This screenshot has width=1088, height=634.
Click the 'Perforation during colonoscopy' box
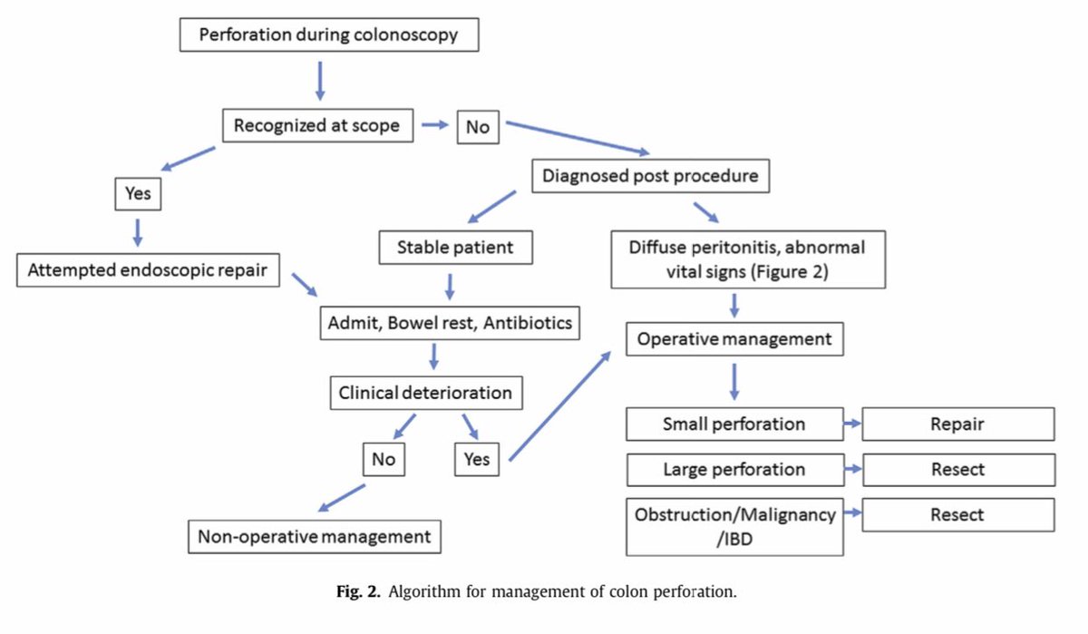pos(328,36)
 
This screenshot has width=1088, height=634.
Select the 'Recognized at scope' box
pos(316,126)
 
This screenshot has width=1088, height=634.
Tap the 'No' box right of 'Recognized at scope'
pos(478,128)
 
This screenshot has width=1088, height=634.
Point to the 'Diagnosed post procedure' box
pos(650,176)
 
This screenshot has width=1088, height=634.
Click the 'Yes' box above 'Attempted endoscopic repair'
pos(138,193)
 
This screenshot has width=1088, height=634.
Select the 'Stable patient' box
pos(454,247)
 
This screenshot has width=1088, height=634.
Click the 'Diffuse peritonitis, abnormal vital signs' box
pos(747,258)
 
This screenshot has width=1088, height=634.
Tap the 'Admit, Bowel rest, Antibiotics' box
pos(450,323)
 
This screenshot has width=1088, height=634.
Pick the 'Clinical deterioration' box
pos(425,393)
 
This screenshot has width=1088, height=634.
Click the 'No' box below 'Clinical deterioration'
pos(384,459)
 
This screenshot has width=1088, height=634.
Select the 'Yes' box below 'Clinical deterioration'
pos(477,459)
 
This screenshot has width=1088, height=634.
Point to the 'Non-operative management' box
pos(315,536)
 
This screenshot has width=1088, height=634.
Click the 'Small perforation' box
pos(733,424)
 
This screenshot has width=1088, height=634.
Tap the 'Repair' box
pos(957,424)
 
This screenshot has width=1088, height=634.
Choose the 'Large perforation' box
pos(733,469)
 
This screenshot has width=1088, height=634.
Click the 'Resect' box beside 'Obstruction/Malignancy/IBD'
pos(957,514)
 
